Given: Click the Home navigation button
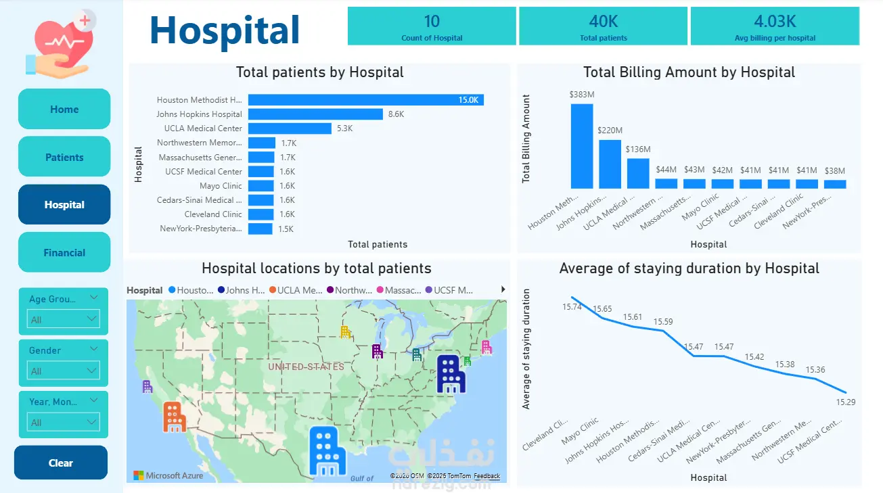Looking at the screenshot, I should click(64, 109).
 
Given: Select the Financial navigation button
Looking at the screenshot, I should click(64, 252).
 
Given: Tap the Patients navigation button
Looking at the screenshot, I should click(64, 157).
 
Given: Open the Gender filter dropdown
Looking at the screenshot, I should click(64, 371).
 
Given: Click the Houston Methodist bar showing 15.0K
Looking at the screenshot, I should click(365, 100).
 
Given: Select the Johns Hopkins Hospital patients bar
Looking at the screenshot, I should click(315, 114).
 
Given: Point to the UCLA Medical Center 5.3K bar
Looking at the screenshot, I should click(290, 128).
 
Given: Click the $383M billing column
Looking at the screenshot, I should click(582, 146).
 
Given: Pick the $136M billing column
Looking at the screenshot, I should click(637, 173).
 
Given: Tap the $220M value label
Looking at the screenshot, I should click(610, 130).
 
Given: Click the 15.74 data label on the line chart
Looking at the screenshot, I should click(572, 306).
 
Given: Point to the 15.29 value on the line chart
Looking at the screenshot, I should click(846, 402).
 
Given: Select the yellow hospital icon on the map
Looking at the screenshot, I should click(345, 331).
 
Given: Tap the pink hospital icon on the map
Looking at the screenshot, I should click(486, 347).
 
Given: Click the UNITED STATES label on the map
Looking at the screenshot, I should click(306, 367).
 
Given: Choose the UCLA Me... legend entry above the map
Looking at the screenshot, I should click(295, 290).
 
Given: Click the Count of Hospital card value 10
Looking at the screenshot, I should click(432, 21).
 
